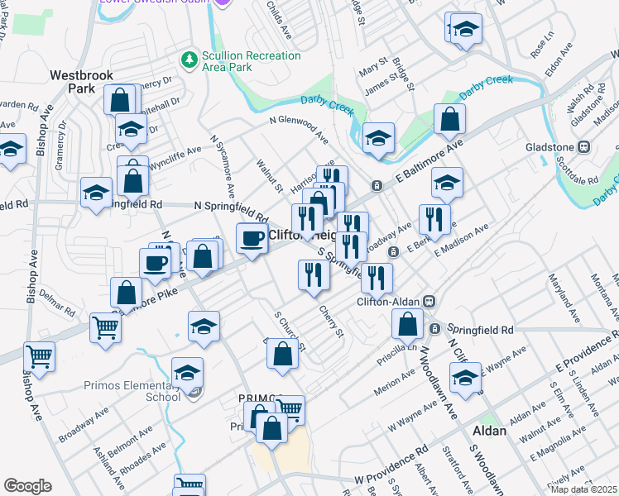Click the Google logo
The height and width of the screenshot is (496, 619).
27,486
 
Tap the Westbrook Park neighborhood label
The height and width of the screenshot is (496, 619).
81,81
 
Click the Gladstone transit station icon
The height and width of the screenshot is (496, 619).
583,147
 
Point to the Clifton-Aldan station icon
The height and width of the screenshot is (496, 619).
429,302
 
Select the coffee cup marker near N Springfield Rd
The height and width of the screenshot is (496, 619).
252,239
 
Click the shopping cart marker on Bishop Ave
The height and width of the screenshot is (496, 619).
39,357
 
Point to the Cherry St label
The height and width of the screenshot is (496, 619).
331,321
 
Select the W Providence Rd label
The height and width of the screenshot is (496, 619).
391,465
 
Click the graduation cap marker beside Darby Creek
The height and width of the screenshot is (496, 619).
378,138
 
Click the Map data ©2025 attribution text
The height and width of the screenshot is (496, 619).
584,489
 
